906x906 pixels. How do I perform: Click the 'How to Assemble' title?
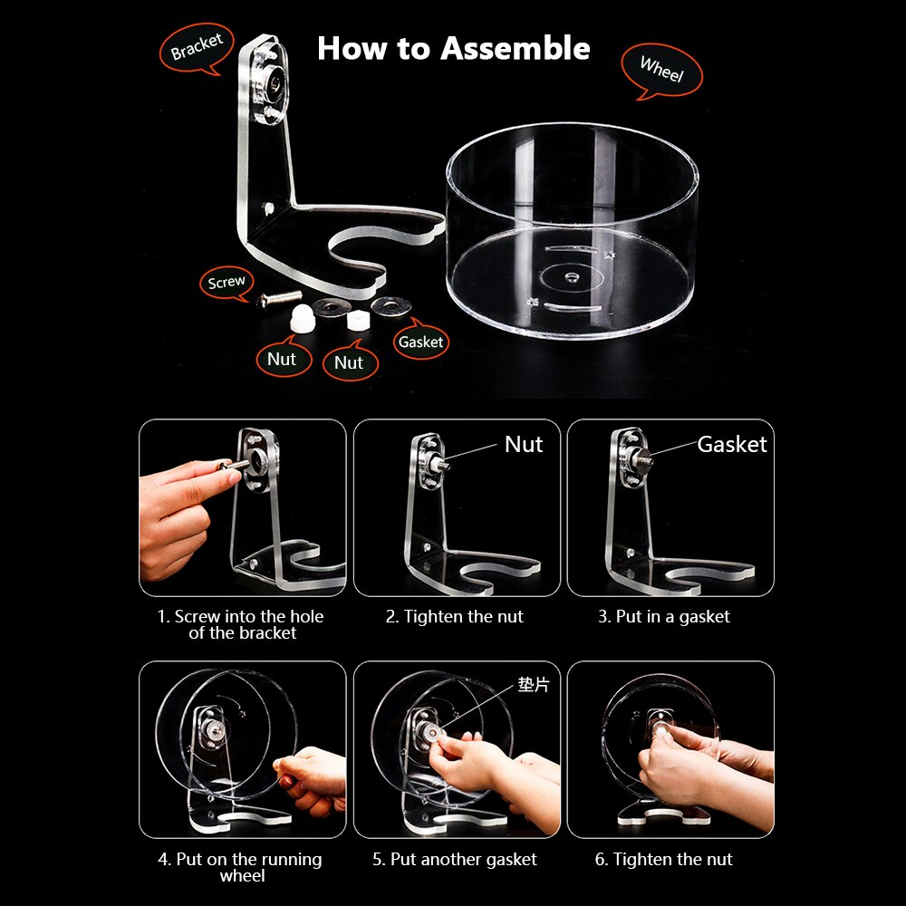point(453,48)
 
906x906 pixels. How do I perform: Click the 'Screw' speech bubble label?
point(226,282)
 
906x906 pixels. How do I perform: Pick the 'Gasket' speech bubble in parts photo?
point(421,342)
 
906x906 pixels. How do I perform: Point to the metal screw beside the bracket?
point(281,297)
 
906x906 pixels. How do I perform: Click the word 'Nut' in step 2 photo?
point(524,444)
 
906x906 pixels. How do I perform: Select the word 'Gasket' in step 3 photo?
point(731,444)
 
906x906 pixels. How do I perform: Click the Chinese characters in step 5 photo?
point(534,685)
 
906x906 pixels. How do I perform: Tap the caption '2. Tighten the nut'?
point(455,617)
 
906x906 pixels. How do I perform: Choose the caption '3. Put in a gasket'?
point(663,617)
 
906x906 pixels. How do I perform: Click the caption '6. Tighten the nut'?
point(664,860)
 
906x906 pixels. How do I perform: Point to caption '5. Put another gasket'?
point(455,860)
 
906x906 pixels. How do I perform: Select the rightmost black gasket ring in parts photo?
point(390,307)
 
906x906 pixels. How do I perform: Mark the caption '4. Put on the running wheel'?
point(240,867)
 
